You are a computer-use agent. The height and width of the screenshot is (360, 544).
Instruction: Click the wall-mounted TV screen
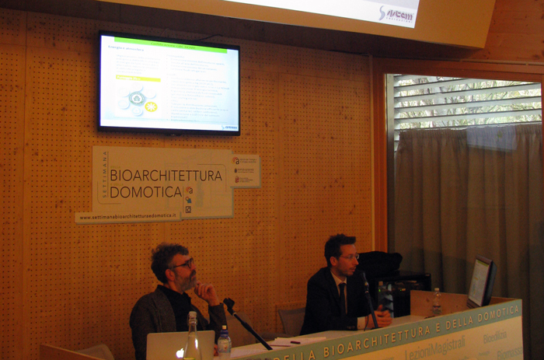(169, 82)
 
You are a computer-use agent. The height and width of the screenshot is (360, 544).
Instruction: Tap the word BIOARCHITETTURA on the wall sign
(166, 176)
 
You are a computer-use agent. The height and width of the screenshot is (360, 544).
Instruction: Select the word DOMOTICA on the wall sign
(145, 192)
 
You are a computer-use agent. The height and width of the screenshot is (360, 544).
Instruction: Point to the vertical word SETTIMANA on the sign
(103, 182)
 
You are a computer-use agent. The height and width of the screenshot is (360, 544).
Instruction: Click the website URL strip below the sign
(128, 216)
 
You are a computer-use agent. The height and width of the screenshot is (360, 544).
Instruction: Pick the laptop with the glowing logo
(180, 345)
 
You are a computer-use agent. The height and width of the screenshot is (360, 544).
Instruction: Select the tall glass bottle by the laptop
(191, 337)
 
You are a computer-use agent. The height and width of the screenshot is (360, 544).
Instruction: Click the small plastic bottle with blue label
(224, 342)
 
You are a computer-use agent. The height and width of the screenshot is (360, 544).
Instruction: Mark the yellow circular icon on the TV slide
(151, 107)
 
